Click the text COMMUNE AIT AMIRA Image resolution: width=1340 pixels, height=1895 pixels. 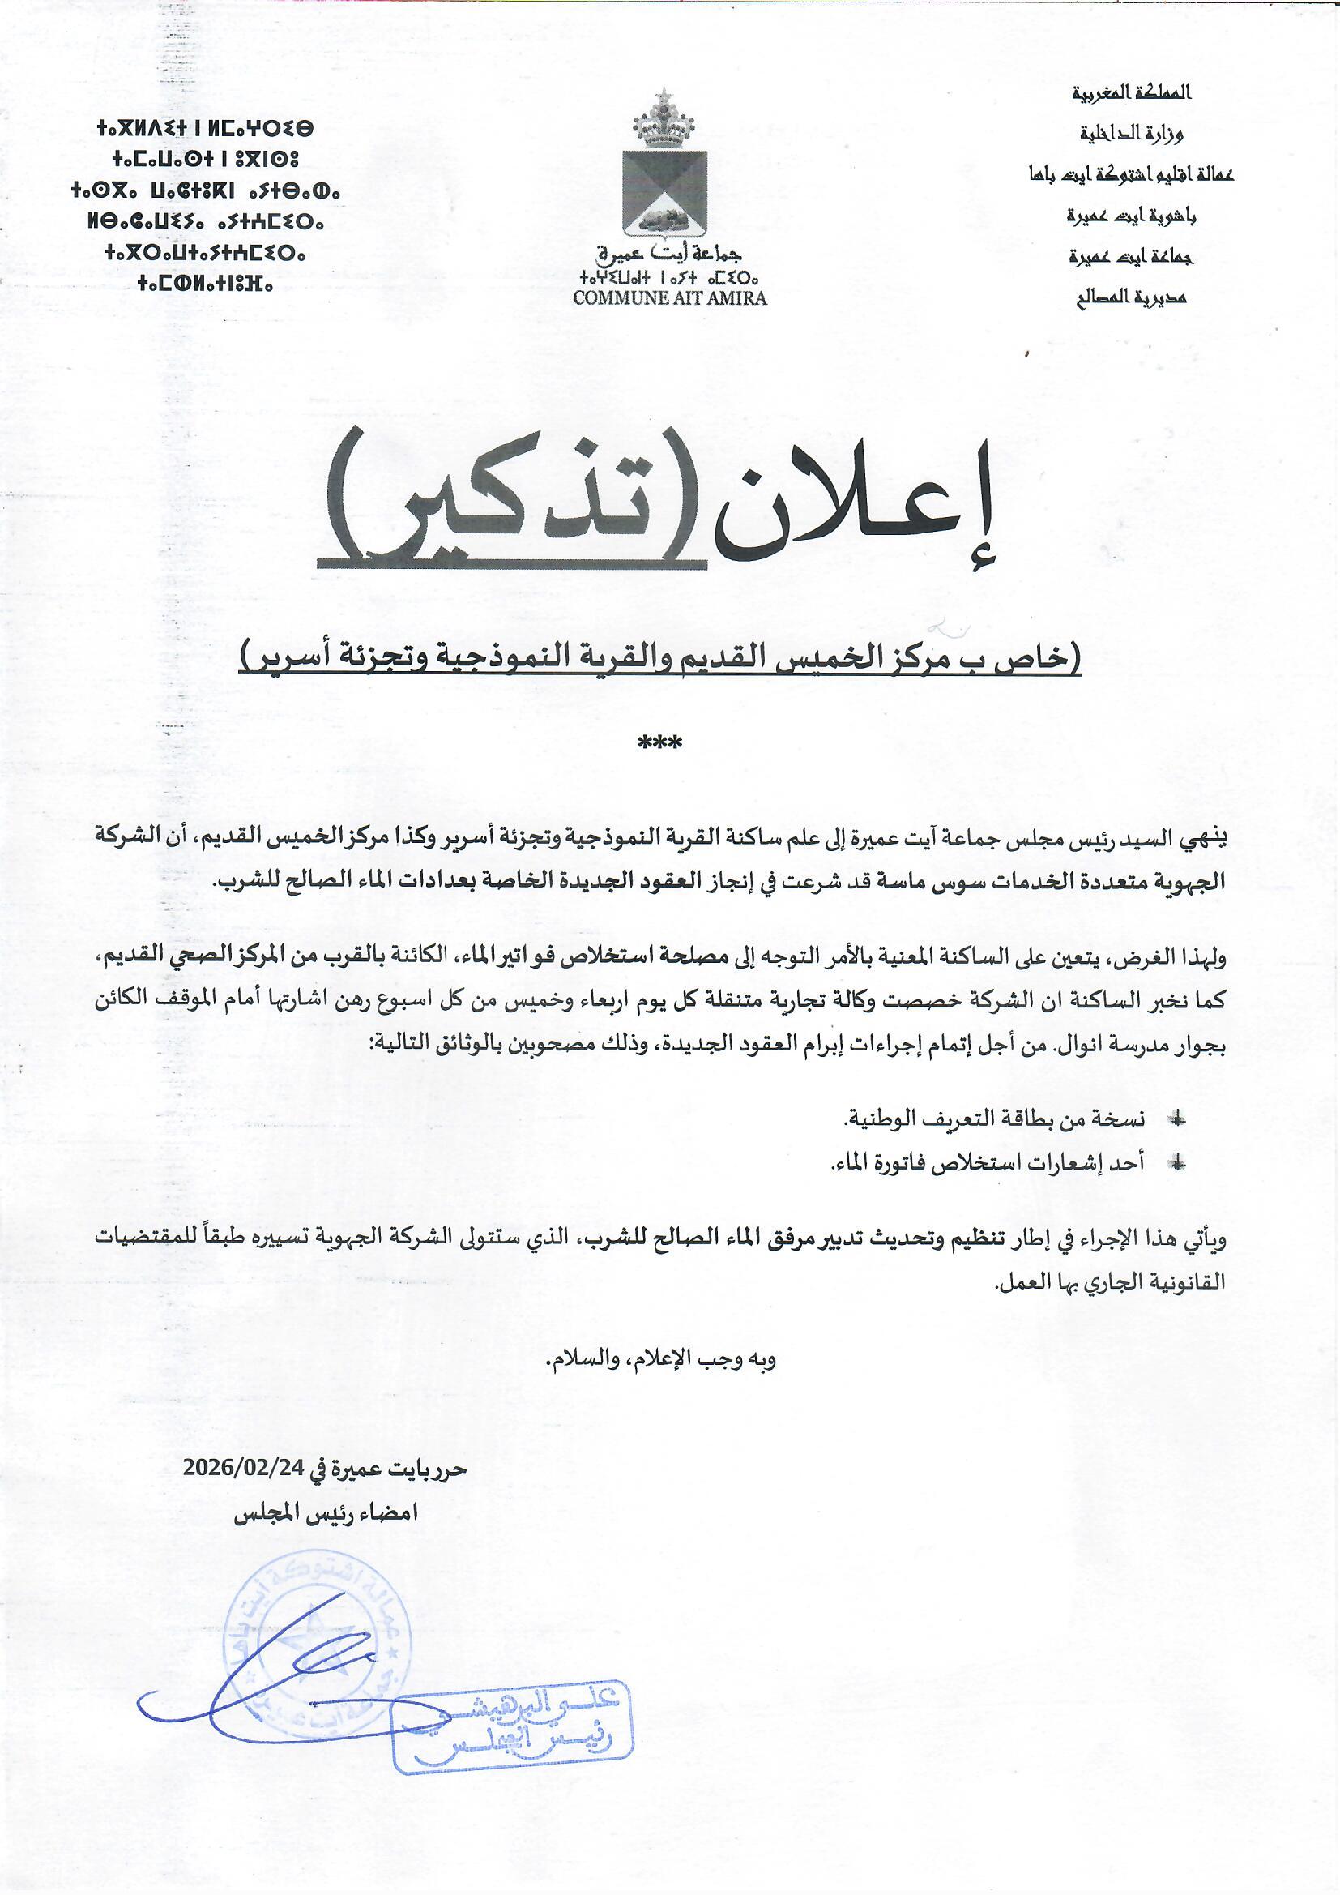point(669,299)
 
